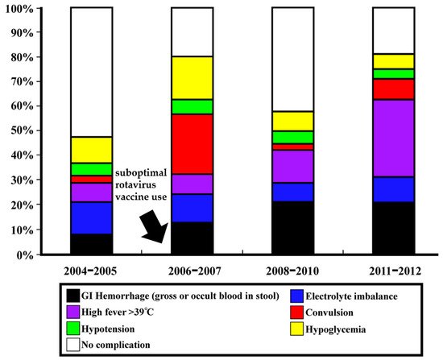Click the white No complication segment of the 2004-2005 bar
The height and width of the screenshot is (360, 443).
(x=91, y=72)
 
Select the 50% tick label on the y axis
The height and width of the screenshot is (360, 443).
(x=23, y=131)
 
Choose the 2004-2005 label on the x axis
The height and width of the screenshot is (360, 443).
(x=91, y=267)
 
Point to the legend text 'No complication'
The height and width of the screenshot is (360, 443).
(x=118, y=345)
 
